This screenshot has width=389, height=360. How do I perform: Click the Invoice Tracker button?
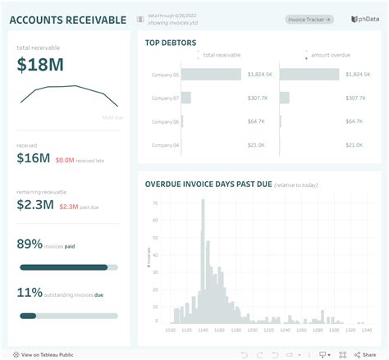click(309, 19)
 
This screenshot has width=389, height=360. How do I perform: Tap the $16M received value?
click(34, 159)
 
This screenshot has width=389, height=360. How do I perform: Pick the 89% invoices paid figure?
click(30, 244)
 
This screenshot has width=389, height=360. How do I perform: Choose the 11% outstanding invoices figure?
click(30, 292)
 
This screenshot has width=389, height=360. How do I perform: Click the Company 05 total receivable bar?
click(211, 75)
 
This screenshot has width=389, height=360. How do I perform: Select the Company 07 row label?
click(163, 98)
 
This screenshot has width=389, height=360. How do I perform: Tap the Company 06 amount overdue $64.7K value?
click(355, 121)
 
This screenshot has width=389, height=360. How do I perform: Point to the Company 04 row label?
click(163, 145)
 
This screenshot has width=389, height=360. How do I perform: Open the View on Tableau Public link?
click(47, 354)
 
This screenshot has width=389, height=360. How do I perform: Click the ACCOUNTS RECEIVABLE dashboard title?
click(68, 20)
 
